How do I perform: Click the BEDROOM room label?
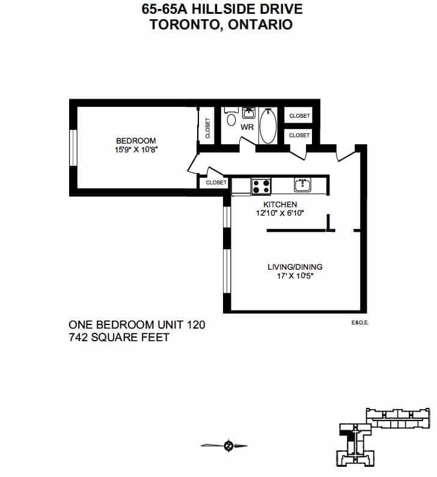point(136,141)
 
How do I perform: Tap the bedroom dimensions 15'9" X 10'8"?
point(136,150)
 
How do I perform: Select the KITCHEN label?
point(280,204)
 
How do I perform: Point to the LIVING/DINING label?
point(295,267)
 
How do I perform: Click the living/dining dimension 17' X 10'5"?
point(295,276)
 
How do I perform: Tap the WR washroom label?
point(247,127)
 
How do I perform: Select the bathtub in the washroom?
point(268,126)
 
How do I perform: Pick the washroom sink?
point(249,112)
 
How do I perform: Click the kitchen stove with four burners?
point(261,186)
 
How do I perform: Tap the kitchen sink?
point(302,184)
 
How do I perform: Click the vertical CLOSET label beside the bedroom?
point(208,128)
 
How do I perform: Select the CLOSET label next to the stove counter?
point(216,183)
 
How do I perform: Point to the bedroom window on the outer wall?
point(73,148)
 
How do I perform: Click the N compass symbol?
point(228,446)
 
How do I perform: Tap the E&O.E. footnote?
point(360,323)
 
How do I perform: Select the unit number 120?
point(196,325)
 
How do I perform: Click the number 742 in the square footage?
point(78,338)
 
